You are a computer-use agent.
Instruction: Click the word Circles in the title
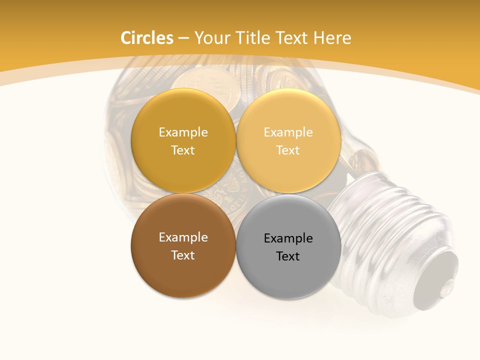point(147,38)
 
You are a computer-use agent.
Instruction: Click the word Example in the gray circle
point(288,238)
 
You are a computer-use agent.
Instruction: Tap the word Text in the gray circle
point(288,256)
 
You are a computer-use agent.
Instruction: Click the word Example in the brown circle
point(183,237)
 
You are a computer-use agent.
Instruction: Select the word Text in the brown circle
point(183,255)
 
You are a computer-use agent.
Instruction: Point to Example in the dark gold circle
point(183,132)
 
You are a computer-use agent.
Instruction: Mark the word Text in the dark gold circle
point(183,150)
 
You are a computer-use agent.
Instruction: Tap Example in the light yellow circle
point(288,132)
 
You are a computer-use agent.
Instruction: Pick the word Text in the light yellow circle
point(288,150)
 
